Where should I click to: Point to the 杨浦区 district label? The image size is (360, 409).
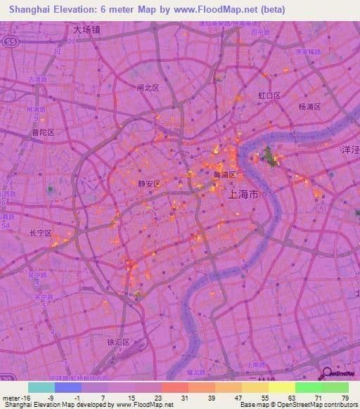click(x=309, y=107)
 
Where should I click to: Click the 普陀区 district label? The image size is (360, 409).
click(x=43, y=132)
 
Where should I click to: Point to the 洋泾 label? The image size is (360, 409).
click(x=349, y=150)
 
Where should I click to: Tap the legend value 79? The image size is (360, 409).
click(x=345, y=397)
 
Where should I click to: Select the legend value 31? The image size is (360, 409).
click(x=184, y=397)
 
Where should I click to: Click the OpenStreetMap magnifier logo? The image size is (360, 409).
click(x=328, y=376)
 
